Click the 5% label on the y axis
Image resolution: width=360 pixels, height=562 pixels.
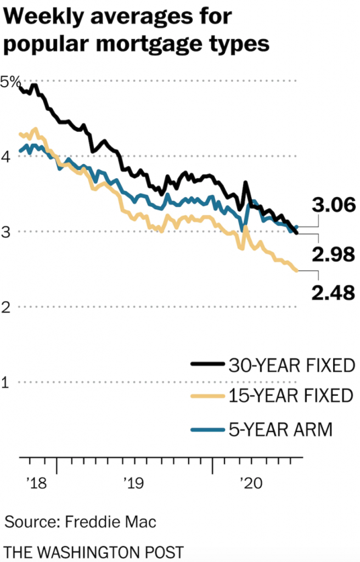click(10, 82)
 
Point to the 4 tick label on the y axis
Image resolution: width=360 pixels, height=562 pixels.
click(6, 156)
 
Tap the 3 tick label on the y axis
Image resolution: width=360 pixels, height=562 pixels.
click(6, 232)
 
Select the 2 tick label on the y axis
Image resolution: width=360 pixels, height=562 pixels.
click(6, 307)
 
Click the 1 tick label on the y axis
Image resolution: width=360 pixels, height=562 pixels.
click(6, 382)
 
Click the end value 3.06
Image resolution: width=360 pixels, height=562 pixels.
click(334, 206)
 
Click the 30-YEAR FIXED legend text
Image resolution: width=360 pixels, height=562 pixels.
click(291, 365)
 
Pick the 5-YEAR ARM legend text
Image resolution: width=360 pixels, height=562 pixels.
click(280, 429)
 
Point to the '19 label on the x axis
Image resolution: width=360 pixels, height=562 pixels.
click(133, 483)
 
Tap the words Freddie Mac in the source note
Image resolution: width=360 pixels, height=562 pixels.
click(110, 521)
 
